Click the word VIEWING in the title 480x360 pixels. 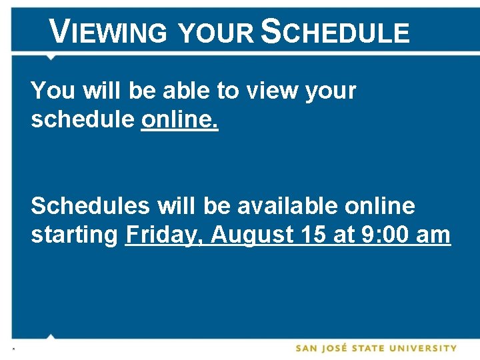click(109, 32)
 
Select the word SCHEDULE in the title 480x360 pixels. click(335, 32)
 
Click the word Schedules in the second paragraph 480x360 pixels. click(90, 206)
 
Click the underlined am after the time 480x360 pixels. click(435, 235)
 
